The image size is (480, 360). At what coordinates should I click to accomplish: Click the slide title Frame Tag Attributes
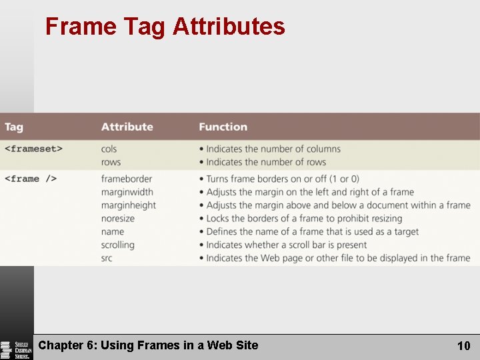pyautogui.click(x=165, y=27)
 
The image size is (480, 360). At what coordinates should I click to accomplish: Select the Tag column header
pyautogui.click(x=14, y=127)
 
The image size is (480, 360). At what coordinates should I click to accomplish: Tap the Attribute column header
pyautogui.click(x=127, y=127)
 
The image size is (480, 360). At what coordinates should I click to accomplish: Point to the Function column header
pyautogui.click(x=223, y=127)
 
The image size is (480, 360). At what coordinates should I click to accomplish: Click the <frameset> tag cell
pyautogui.click(x=33, y=149)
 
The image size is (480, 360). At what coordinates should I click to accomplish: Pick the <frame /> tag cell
pyautogui.click(x=31, y=179)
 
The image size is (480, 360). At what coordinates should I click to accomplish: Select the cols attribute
pyautogui.click(x=109, y=149)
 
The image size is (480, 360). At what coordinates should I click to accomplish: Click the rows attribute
pyautogui.click(x=111, y=162)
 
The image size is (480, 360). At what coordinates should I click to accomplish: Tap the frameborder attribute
pyautogui.click(x=127, y=179)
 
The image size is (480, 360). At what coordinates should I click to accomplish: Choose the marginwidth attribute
pyautogui.click(x=127, y=192)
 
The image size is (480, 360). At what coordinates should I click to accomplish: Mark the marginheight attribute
pyautogui.click(x=129, y=205)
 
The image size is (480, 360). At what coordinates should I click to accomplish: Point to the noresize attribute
pyautogui.click(x=118, y=218)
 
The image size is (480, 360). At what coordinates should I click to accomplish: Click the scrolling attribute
pyautogui.click(x=118, y=245)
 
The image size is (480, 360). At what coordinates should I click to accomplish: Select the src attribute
pyautogui.click(x=107, y=258)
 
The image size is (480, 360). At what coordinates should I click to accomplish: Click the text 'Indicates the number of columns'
pyautogui.click(x=273, y=149)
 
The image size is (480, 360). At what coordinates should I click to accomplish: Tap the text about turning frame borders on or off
pyautogui.click(x=283, y=179)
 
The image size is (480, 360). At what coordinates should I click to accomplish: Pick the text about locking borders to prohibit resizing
pyautogui.click(x=304, y=218)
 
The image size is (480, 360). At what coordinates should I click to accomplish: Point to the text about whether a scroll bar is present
pyautogui.click(x=287, y=245)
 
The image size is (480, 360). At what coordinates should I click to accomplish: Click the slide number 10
pyautogui.click(x=463, y=345)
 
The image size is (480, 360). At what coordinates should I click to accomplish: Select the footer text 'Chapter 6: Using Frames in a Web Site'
pyautogui.click(x=148, y=345)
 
